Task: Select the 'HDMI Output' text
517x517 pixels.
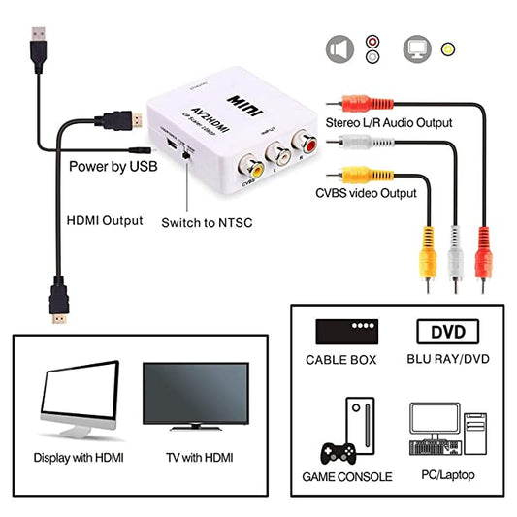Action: click(102, 220)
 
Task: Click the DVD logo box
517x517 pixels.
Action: click(447, 332)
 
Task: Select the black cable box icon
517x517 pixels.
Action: click(346, 332)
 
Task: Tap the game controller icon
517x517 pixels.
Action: click(336, 453)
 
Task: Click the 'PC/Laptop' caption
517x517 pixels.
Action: click(447, 476)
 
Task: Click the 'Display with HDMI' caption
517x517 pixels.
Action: click(79, 457)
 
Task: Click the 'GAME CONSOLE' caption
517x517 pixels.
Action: click(347, 476)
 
